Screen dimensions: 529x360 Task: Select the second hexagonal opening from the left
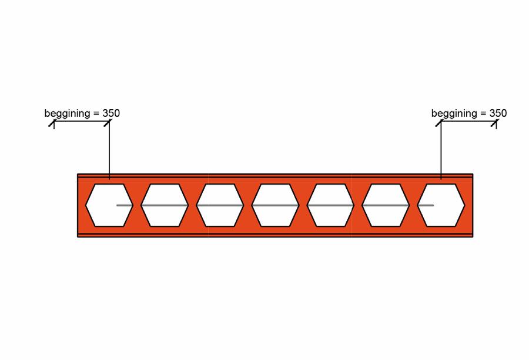pos(165,205)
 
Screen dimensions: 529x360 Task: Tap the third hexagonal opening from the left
pos(220,205)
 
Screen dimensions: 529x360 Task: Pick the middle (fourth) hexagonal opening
pos(275,205)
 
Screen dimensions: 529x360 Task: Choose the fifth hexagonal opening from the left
pos(330,205)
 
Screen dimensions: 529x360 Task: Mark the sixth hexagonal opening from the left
pos(386,205)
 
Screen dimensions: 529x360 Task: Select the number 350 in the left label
pos(111,113)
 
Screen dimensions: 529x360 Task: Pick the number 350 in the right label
pos(498,113)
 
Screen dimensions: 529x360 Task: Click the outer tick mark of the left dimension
pos(53,122)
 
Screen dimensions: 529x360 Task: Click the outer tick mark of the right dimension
pos(496,122)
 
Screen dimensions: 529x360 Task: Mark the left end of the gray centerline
pos(118,205)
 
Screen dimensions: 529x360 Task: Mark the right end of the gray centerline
pos(433,205)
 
